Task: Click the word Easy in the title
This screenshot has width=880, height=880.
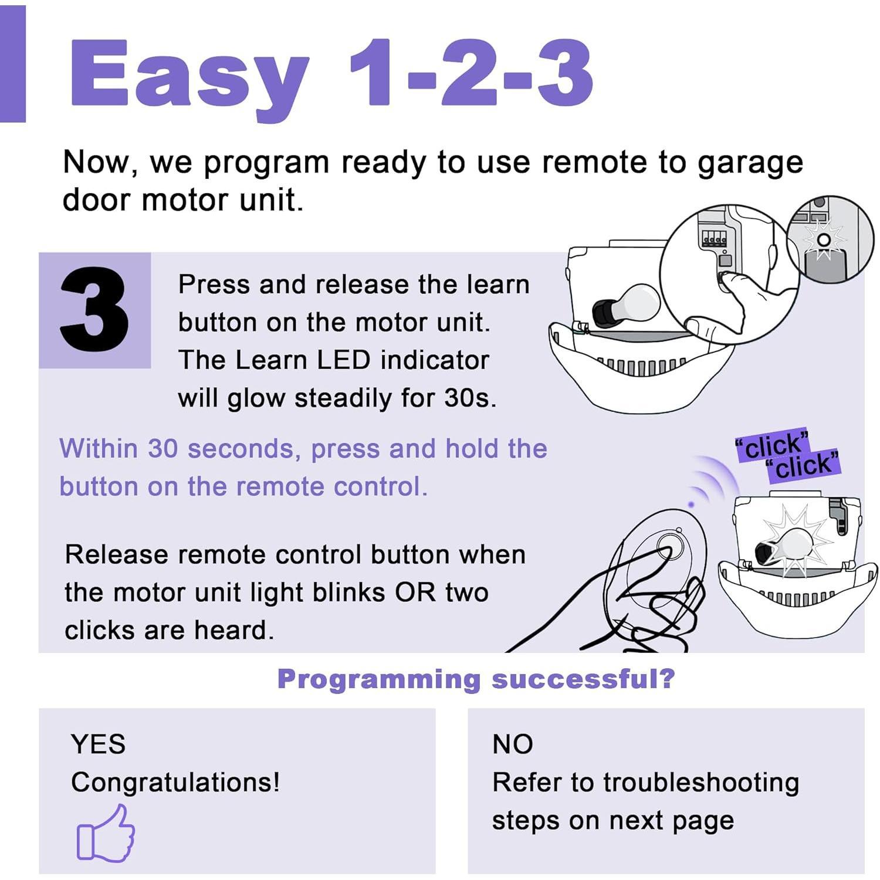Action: pyautogui.click(x=189, y=75)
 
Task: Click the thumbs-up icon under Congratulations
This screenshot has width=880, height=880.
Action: pyautogui.click(x=106, y=834)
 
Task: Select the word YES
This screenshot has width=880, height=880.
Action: pyautogui.click(x=98, y=744)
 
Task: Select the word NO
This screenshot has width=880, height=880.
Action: pyautogui.click(x=512, y=744)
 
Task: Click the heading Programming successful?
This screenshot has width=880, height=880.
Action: pyautogui.click(x=476, y=679)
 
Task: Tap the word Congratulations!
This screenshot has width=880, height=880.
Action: pyautogui.click(x=175, y=782)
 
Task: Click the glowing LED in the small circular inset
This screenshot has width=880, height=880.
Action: pyautogui.click(x=824, y=240)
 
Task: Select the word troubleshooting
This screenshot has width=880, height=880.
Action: pyautogui.click(x=700, y=783)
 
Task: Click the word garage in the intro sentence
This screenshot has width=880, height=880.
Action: pyautogui.click(x=750, y=163)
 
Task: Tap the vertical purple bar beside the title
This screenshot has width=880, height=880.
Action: pyautogui.click(x=12, y=63)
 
